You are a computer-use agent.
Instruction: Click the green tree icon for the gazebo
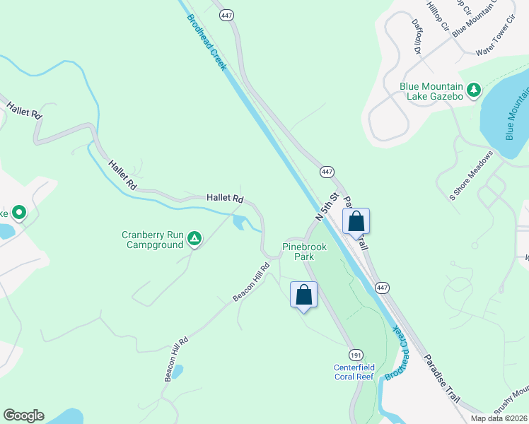click(473, 90)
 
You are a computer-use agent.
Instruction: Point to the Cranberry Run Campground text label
click(153, 240)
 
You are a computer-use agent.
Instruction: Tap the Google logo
click(23, 416)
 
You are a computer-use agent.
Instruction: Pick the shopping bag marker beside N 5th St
click(356, 221)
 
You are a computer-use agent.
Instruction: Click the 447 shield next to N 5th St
click(326, 172)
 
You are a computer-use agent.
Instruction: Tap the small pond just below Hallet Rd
click(238, 224)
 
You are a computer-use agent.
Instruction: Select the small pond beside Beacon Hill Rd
click(177, 370)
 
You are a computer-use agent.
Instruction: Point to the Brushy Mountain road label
click(511, 401)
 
